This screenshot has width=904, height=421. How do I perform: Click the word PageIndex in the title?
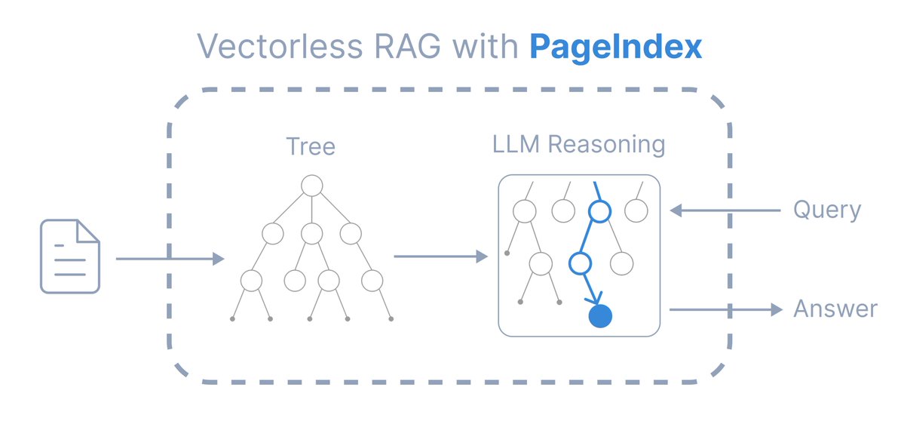point(616,47)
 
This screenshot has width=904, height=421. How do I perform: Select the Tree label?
point(311,146)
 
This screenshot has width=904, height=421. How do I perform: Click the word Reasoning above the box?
point(606,146)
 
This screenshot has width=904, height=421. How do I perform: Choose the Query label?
point(827,210)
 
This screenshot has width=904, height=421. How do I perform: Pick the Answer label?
point(835,309)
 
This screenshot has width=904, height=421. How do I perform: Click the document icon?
point(70,256)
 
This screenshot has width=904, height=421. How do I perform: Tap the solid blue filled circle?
point(599,316)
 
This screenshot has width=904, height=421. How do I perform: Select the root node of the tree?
point(311,186)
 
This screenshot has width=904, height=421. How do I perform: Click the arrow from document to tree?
point(170,259)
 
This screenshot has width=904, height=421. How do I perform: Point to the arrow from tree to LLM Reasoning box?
point(441,257)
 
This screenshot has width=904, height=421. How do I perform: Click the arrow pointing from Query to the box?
point(725,210)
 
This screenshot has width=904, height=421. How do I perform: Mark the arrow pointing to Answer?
point(726,309)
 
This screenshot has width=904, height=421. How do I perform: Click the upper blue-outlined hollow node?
point(599,212)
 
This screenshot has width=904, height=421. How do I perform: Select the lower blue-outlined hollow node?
point(580,263)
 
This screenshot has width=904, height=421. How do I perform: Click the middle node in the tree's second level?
point(311,233)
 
